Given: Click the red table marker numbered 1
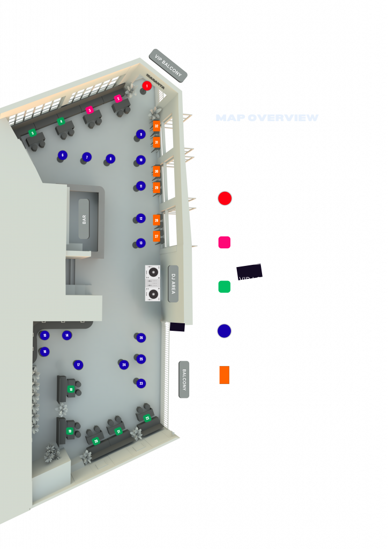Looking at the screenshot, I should point(147,86).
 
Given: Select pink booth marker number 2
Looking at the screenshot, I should point(118,99).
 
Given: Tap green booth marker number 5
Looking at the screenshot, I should point(32,132).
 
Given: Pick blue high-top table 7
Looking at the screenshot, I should point(87,157).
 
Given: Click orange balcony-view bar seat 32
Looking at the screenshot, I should point(156,126).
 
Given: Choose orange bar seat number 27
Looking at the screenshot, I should point(156,236).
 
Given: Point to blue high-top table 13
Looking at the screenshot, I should point(141,243).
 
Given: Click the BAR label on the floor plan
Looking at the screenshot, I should point(84,219).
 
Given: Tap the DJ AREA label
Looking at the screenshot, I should point(173,284).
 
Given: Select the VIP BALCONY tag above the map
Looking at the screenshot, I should point(168,65).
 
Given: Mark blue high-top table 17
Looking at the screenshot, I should point(79,365).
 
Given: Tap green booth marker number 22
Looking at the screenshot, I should point(147,418).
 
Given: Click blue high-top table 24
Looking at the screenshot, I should point(124,365).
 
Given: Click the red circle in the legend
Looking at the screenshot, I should point(225,198).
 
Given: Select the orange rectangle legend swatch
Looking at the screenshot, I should point(224,375).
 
